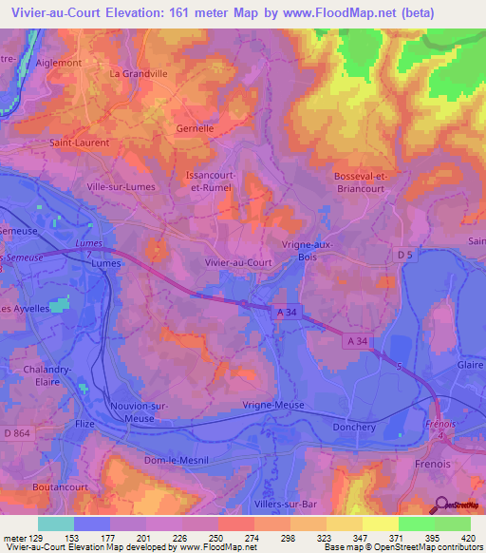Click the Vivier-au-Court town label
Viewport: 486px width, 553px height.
[237, 262]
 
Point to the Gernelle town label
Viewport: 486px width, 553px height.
[196, 126]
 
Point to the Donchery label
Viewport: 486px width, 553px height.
[356, 427]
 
